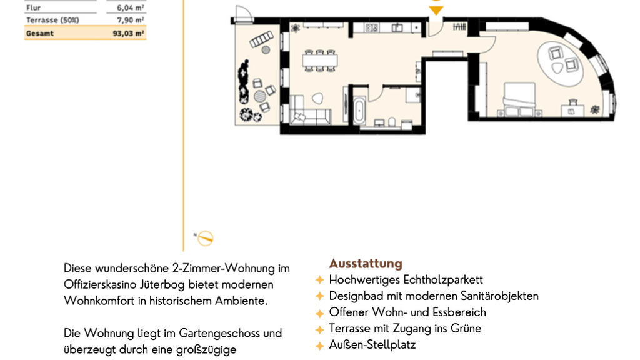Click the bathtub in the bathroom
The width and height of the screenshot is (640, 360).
tap(359, 110)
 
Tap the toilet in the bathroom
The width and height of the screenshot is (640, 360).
tap(392, 122)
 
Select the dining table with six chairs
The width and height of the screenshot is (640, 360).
tap(320, 61)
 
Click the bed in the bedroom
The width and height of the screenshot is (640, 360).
tap(519, 99)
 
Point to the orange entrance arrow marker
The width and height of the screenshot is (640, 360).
tap(436, 10)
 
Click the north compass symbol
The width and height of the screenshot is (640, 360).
tap(205, 238)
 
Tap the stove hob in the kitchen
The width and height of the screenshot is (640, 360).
tap(371, 27)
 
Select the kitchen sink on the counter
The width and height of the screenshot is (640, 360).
tap(397, 27)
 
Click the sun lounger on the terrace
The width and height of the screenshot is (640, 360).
tap(261, 39)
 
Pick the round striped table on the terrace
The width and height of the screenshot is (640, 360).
tap(260, 96)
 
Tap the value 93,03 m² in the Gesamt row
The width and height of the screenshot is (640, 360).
tap(129, 34)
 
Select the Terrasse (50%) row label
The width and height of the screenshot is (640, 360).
tap(52, 20)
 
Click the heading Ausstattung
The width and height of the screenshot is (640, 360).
tap(366, 263)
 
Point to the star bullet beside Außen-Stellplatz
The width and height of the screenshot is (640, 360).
tap(320, 346)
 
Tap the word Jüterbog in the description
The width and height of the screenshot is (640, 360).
tap(162, 285)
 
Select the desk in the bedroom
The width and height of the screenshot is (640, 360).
tap(572, 109)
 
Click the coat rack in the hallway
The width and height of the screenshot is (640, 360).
tap(459, 27)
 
